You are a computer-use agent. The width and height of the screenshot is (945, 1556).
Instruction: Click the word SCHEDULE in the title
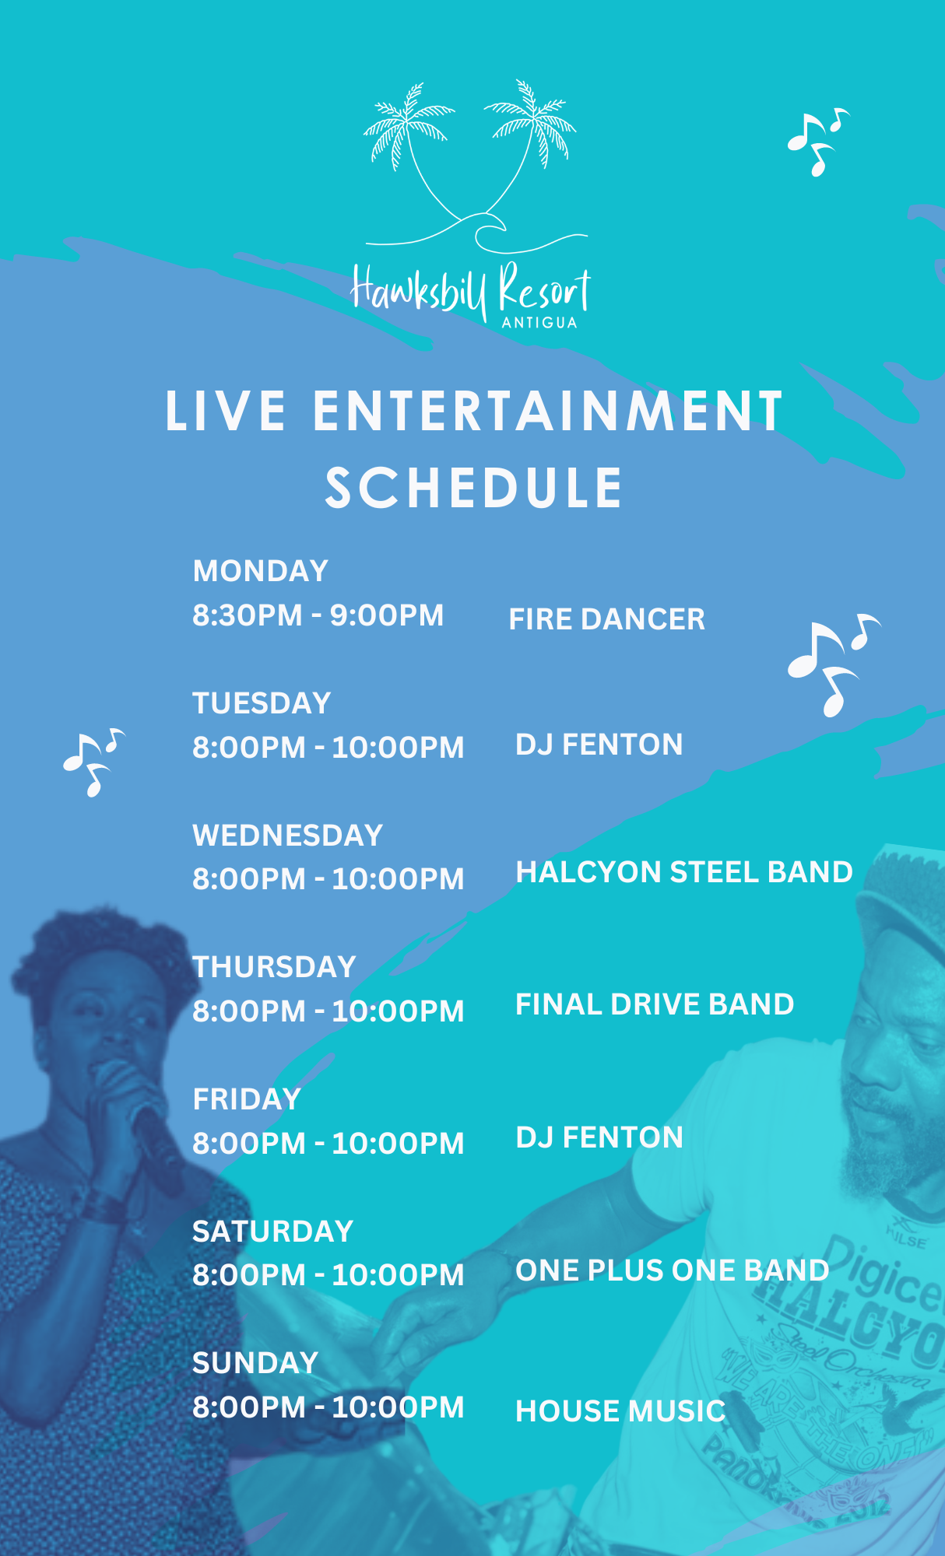pyautogui.click(x=474, y=489)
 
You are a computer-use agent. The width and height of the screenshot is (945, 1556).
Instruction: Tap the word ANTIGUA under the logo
pyautogui.click(x=539, y=323)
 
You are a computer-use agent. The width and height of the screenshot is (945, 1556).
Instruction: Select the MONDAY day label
pyautogui.click(x=261, y=571)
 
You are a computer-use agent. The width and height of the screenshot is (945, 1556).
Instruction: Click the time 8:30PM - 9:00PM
pyautogui.click(x=318, y=615)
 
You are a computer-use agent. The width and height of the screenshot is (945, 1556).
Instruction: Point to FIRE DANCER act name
pyautogui.click(x=607, y=619)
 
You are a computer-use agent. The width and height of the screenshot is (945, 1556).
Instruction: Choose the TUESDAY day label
pyautogui.click(x=262, y=703)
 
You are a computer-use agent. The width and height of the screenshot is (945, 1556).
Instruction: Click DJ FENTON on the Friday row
pyautogui.click(x=599, y=1137)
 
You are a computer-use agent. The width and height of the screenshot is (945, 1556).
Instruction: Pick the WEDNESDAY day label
pyautogui.click(x=288, y=836)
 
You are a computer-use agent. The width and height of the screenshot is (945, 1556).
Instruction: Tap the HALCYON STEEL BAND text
pyautogui.click(x=684, y=872)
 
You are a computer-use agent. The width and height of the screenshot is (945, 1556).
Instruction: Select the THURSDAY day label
pyautogui.click(x=274, y=967)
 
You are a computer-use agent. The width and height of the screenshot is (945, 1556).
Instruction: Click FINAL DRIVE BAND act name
pyautogui.click(x=655, y=1004)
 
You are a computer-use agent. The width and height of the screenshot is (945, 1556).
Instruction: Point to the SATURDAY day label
pyautogui.click(x=273, y=1232)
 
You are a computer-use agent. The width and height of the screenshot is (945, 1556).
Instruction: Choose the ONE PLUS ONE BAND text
pyautogui.click(x=673, y=1270)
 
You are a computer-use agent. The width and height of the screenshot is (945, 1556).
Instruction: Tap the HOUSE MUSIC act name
pyautogui.click(x=620, y=1411)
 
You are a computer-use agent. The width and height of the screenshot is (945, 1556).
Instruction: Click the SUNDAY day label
pyautogui.click(x=255, y=1363)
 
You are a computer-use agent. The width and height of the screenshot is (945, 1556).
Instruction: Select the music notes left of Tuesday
pyautogui.click(x=93, y=762)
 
